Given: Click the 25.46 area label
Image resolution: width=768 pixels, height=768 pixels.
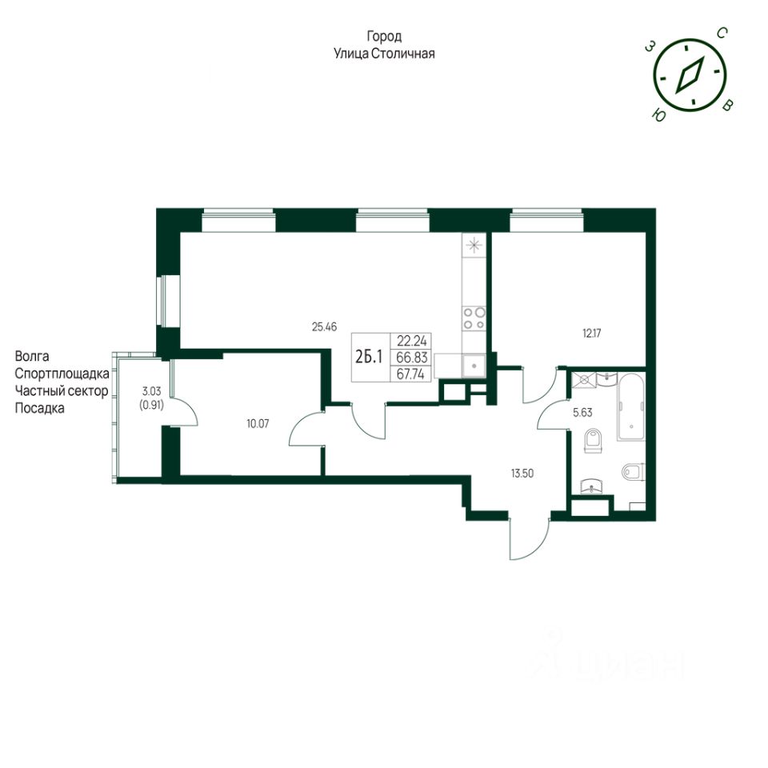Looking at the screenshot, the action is [324, 326].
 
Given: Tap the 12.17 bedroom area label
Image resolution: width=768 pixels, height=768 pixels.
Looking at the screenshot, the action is [591, 334].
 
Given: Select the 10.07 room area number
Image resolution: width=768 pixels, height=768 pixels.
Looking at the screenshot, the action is [258, 424].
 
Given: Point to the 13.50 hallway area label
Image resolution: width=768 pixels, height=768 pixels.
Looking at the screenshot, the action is [522, 474].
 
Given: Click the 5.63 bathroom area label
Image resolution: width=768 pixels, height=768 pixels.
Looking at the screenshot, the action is [582, 413].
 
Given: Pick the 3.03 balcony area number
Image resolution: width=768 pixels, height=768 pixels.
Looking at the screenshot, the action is [151, 391].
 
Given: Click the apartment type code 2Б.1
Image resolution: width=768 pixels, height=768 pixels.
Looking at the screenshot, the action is [369, 358].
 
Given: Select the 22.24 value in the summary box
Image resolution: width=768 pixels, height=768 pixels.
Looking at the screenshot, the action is [411, 341].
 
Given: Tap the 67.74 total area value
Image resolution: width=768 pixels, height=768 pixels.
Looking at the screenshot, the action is [410, 374].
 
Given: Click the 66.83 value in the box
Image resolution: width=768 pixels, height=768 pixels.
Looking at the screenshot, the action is [412, 358].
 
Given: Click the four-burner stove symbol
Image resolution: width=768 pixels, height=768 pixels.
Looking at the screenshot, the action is [474, 318].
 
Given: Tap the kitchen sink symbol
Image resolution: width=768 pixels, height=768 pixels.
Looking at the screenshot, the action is [474, 366].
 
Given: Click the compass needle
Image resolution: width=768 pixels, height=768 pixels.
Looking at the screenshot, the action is [690, 75].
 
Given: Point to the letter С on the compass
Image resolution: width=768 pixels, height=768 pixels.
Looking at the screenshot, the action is [722, 34].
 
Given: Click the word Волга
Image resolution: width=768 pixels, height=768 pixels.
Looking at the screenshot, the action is [32, 356].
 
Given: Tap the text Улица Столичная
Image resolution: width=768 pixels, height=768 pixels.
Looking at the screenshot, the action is [384, 54].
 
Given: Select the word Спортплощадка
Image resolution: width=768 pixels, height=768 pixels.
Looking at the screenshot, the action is [62, 374].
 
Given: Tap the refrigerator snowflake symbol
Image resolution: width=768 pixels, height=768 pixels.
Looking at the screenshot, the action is [474, 246].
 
